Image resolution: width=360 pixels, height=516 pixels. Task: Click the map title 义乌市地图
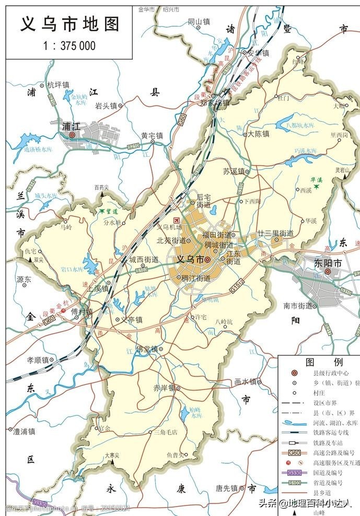click(70, 24)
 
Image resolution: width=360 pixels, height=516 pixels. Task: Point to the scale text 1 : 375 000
click(70, 46)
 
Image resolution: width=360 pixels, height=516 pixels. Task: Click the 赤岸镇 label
click(163, 388)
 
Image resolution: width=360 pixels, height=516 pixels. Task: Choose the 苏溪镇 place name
click(233, 171)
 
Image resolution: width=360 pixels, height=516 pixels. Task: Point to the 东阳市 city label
click(328, 263)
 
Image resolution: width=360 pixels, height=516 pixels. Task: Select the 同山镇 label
click(199, 22)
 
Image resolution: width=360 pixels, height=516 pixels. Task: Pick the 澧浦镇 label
click(24, 431)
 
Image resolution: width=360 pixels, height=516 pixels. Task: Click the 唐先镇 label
click(226, 488)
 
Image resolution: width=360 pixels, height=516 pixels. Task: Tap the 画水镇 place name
click(245, 382)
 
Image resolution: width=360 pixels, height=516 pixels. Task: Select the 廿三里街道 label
click(275, 234)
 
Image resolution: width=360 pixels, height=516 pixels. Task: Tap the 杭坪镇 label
click(58, 85)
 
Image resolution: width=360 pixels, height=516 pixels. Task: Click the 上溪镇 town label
click(98, 288)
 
